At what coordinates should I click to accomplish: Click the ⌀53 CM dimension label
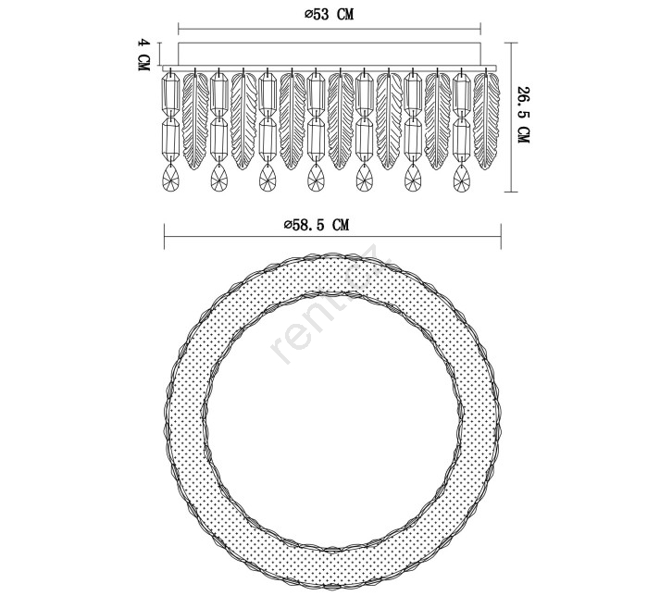coord(330,14)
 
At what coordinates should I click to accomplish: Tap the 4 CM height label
coord(144,55)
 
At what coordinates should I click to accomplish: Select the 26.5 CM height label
coord(523,115)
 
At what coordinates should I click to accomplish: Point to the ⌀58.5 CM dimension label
coord(317,225)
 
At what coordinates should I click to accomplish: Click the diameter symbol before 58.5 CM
coord(288,225)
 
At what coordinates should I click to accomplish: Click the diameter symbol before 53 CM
coord(308,15)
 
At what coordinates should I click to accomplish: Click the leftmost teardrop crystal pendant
coord(170,177)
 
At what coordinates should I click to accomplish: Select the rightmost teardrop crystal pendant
coord(462,177)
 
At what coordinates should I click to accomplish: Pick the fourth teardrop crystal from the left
coord(316,177)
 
